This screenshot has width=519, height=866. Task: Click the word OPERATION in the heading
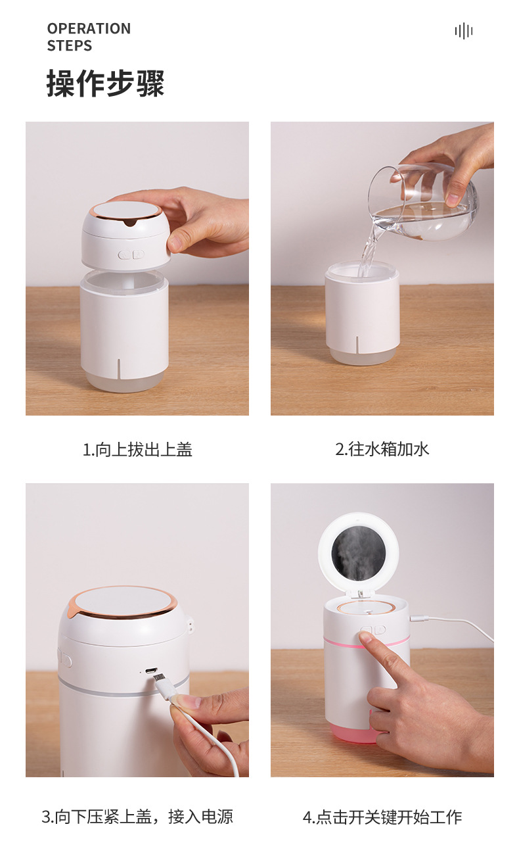89,29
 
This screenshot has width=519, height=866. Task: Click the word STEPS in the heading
69,46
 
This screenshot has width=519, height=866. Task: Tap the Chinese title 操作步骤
105,84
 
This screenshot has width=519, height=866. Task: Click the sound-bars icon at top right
464,31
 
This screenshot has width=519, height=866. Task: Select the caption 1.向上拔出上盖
137,450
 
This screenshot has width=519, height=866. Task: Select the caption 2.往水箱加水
382,450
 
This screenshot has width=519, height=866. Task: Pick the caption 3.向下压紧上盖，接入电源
137,817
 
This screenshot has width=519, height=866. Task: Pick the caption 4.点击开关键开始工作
382,817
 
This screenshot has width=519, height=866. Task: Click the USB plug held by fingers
164,688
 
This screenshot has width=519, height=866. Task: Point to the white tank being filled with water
361,312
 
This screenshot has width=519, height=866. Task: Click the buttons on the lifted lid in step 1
131,254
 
